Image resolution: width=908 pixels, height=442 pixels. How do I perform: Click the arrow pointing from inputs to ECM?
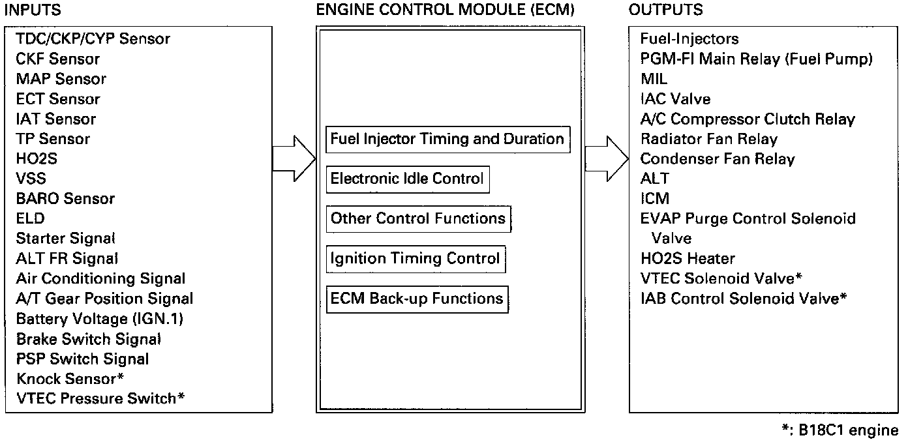point(294,158)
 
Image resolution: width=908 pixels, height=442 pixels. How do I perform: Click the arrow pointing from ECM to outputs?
point(606,158)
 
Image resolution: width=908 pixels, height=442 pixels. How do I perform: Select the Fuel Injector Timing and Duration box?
point(447,139)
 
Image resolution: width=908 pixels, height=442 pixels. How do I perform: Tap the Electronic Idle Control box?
point(407,179)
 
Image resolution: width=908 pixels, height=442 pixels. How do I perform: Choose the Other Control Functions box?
point(418,218)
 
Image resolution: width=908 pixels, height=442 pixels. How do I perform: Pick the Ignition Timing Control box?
point(416,258)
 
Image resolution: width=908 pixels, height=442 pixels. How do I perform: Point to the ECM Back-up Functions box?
point(417,299)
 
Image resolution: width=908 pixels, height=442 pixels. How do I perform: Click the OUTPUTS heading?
point(665,10)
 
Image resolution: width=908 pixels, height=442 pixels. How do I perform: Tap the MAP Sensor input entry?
point(61,79)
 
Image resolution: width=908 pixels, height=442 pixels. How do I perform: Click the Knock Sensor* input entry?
point(70,379)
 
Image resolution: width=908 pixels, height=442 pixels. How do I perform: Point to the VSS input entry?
point(31,179)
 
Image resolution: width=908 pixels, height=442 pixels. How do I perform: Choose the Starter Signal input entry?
point(66,239)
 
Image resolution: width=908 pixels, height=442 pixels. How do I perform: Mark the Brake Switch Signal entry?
point(89,339)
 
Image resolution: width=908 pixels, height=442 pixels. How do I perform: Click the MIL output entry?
point(654,79)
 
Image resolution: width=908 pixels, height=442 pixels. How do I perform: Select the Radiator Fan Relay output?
point(709,139)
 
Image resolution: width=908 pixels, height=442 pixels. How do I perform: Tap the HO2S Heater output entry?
point(688,259)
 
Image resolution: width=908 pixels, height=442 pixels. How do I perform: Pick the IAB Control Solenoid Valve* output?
point(744,299)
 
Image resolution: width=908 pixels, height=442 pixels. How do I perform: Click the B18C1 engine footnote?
point(840,430)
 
